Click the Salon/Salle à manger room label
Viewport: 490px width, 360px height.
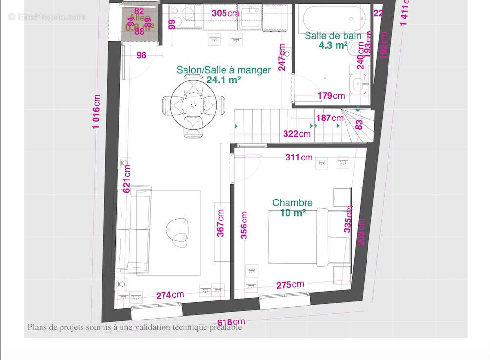coord(224,70)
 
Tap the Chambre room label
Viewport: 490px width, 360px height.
coord(292,203)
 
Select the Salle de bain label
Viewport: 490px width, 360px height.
coord(333,36)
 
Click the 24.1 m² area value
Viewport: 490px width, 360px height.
coord(224,80)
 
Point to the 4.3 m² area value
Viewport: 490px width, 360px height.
coord(333,45)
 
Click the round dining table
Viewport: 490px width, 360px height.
coord(194,104)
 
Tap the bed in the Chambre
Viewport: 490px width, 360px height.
coord(309,237)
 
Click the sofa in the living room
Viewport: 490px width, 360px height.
coord(133,229)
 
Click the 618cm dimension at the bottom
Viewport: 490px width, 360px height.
coord(231,322)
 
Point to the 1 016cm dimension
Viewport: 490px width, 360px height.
coord(97,112)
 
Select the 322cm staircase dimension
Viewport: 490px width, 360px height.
coord(297,134)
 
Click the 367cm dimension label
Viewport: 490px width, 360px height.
coord(221,223)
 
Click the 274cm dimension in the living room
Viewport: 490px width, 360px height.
coord(170,295)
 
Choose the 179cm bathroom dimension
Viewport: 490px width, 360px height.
coord(331,96)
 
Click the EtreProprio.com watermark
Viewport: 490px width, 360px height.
coord(47,17)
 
